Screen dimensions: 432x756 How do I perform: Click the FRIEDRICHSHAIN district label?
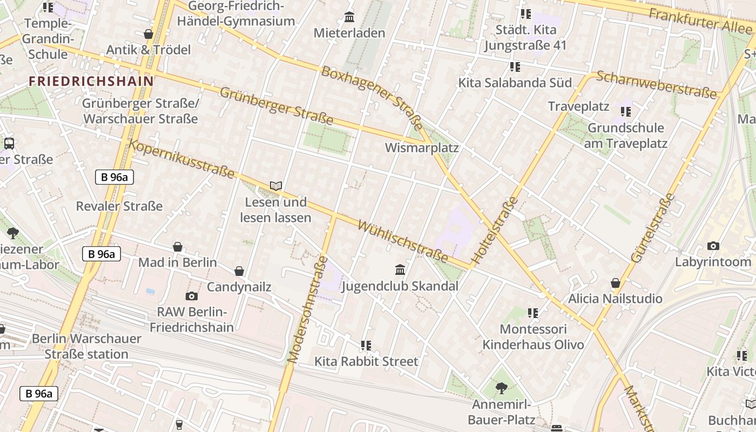pos(91,82)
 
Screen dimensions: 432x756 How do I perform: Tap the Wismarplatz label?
pos(421,147)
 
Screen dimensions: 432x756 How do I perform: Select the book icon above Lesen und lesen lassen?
pos(276,186)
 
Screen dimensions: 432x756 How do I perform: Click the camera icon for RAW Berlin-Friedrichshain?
pos(191,296)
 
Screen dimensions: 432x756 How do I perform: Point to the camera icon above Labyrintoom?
pos(713,246)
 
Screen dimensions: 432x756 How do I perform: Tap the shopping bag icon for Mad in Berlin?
pos(178,247)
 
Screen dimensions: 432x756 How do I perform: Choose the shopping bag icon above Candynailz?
pos(239,271)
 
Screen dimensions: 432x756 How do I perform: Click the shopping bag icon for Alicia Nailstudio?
pos(615,283)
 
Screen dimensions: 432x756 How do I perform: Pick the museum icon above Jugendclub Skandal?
pos(400,269)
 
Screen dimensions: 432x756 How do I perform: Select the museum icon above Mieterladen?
pos(349,17)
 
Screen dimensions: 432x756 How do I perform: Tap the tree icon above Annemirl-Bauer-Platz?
pos(501,388)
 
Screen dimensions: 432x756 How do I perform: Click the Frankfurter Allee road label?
pos(700,20)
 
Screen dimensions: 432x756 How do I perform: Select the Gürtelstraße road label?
pos(652,228)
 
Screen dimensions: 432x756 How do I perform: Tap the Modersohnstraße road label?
pos(307,309)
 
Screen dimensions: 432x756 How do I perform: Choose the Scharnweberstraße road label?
pos(658,85)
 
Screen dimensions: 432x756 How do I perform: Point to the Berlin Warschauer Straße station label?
pos(86,346)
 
